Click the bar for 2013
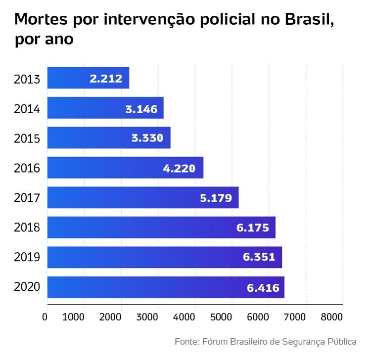click(x=88, y=78)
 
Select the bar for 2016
click(x=125, y=168)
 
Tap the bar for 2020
click(x=166, y=287)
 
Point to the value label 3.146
click(x=141, y=109)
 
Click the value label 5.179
click(x=216, y=198)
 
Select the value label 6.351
click(x=259, y=258)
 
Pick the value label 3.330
click(x=147, y=138)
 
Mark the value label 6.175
click(x=253, y=228)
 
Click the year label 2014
click(x=27, y=109)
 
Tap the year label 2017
click(x=27, y=198)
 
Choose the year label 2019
click(x=27, y=258)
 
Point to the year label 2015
click(x=27, y=138)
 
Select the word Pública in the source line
click(x=341, y=342)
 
